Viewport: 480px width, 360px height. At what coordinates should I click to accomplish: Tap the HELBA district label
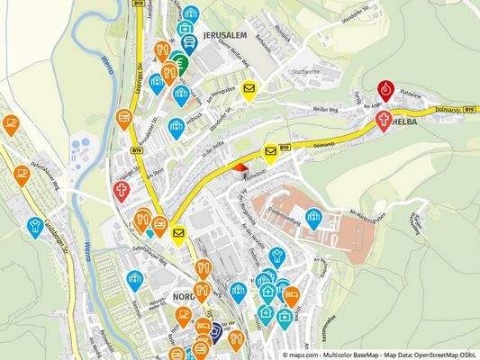404,124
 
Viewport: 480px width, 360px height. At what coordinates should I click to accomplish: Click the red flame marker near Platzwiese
386,89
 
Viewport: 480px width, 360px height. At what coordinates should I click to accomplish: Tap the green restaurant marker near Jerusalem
180,63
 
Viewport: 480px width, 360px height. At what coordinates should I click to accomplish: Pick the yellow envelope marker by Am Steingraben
249,89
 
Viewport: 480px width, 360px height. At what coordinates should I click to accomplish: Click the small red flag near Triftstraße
240,166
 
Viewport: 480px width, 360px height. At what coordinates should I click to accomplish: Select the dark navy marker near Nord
215,331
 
